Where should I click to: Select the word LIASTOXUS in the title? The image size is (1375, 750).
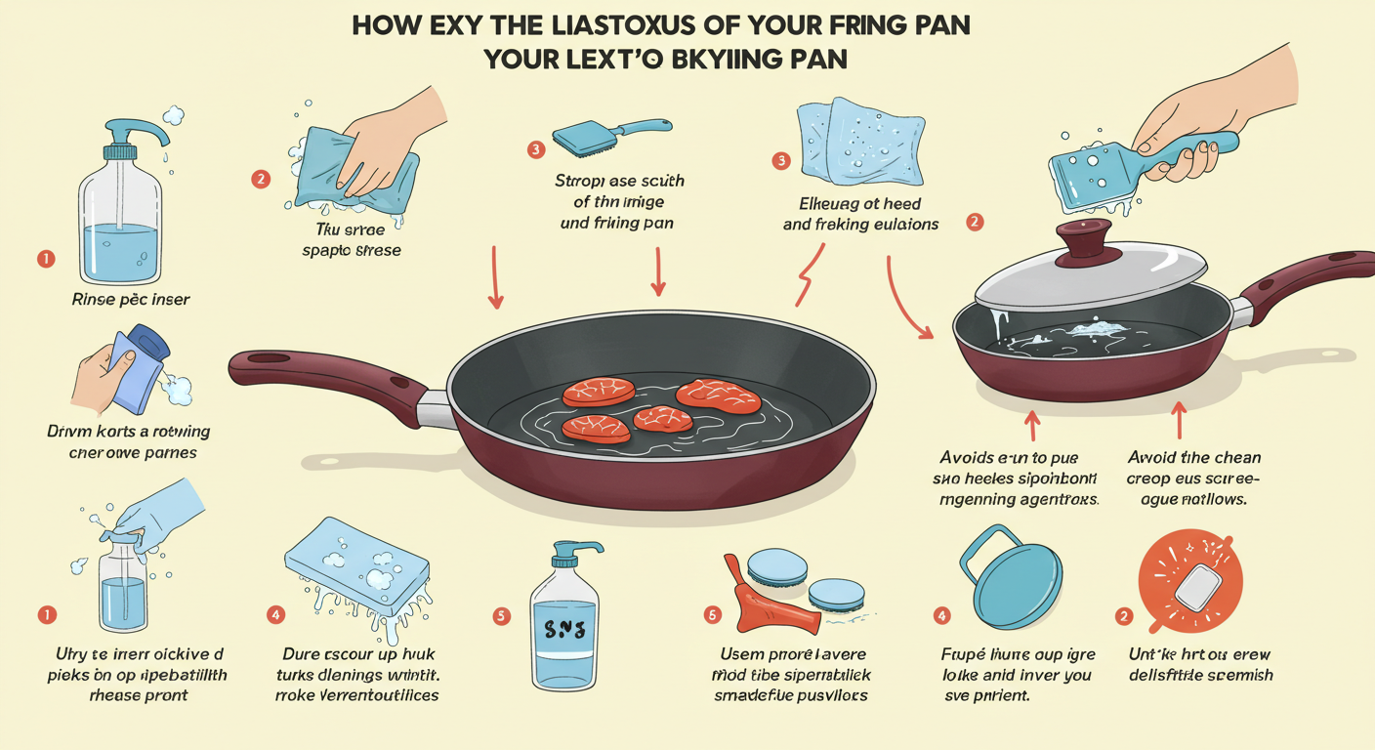(543, 25)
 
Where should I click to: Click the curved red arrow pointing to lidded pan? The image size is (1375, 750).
(907, 298)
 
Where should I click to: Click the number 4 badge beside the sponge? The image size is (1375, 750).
(276, 614)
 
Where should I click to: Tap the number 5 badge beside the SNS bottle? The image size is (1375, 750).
(501, 615)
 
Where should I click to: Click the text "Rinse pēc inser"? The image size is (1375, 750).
(131, 299)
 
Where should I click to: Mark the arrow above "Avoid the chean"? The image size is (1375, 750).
(1178, 421)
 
